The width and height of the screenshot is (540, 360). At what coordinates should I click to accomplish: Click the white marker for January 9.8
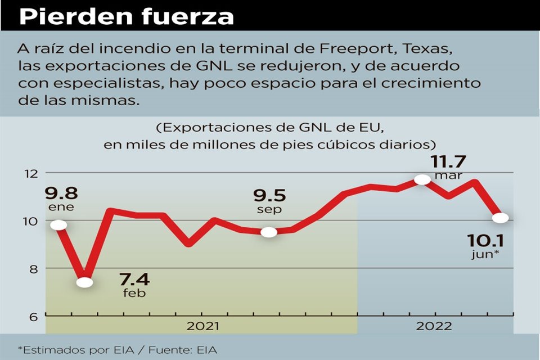(58, 225)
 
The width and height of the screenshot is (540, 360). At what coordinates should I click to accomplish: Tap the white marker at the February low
(85, 282)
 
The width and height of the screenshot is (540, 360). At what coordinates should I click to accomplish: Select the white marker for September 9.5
(269, 232)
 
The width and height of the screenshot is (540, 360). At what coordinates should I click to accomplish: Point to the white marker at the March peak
(422, 179)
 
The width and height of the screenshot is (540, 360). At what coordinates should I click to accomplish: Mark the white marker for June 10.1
(501, 218)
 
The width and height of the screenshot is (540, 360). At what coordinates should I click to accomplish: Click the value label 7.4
(134, 280)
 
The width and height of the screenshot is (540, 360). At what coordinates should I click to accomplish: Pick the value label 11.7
(448, 161)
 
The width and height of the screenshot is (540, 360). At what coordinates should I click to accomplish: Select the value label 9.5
(269, 195)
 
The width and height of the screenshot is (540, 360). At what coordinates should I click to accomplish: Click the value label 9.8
(61, 193)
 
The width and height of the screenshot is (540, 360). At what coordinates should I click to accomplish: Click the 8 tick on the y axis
(33, 268)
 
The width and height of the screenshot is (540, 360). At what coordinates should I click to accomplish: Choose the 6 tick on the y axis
(33, 316)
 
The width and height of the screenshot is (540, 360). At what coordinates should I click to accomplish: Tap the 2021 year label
(203, 326)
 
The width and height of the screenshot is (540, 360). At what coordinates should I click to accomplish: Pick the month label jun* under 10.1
(485, 255)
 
